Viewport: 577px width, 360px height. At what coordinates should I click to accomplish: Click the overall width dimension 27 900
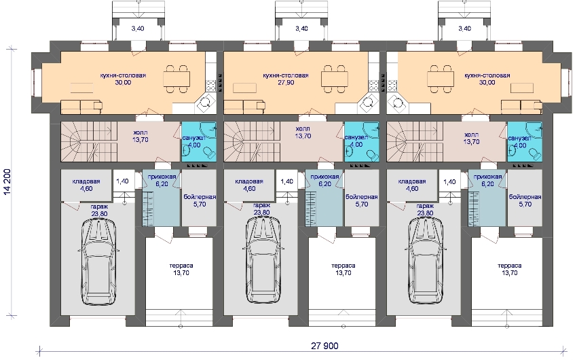pyautogui.click(x=324, y=346)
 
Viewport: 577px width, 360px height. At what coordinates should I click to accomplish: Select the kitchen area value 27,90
pyautogui.click(x=286, y=83)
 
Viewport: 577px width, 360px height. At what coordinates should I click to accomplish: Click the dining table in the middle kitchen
pyautogui.click(x=335, y=79)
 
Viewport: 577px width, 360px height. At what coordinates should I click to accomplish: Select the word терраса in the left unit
pyautogui.click(x=181, y=266)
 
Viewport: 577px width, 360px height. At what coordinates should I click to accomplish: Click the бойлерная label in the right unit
pyautogui.click(x=525, y=197)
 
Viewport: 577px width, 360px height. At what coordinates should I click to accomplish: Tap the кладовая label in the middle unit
pyautogui.click(x=249, y=181)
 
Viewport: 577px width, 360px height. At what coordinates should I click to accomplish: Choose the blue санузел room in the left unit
pyautogui.click(x=198, y=142)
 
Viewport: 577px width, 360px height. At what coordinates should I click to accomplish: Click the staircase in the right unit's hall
pyautogui.click(x=415, y=142)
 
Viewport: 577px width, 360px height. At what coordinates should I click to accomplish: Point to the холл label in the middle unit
pyautogui.click(x=303, y=129)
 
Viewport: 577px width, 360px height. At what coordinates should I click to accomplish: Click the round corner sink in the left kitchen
pyautogui.click(x=206, y=103)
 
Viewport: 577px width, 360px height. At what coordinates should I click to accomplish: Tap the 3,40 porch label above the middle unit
pyautogui.click(x=301, y=29)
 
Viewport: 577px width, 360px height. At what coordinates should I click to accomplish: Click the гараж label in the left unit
pyautogui.click(x=99, y=206)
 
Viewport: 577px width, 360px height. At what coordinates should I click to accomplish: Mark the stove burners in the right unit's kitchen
pyautogui.click(x=392, y=86)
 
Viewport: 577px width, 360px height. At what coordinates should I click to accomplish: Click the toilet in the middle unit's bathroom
pyautogui.click(x=372, y=154)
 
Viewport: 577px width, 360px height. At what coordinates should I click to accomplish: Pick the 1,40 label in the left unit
pyautogui.click(x=123, y=181)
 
